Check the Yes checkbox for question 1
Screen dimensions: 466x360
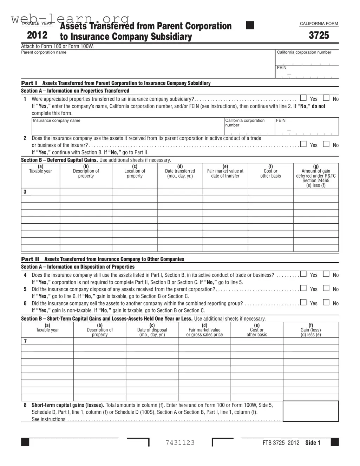303,98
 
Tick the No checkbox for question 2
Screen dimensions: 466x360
326,144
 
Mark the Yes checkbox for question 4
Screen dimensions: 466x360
303,274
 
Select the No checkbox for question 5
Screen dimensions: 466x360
326,288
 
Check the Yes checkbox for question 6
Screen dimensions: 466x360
303,302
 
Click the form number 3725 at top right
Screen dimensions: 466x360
319,35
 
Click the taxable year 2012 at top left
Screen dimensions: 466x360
37,35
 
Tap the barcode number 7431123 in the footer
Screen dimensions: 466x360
180,442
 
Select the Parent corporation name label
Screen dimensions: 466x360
44,52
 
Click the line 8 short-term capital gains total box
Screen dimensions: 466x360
310,411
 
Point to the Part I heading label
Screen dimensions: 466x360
29,83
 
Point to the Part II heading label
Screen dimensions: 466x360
30,259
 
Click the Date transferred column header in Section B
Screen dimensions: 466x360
180,171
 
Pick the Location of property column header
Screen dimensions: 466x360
135,171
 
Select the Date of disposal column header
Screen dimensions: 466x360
152,330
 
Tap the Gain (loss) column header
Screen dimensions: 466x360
310,330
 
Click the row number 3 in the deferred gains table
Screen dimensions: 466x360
25,192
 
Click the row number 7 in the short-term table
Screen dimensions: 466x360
25,341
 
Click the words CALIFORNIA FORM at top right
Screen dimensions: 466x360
319,24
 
